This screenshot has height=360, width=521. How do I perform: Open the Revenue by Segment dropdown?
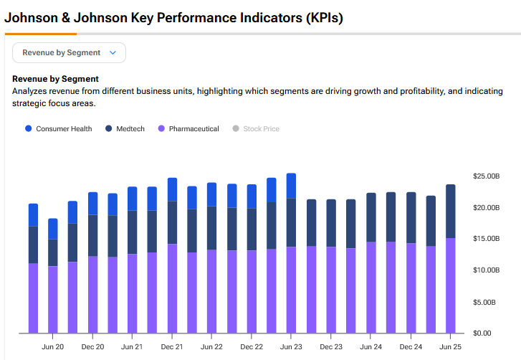69,52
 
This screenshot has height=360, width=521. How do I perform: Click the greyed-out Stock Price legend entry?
255,129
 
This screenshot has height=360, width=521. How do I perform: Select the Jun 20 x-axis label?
53,347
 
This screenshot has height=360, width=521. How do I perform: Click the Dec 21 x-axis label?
172,347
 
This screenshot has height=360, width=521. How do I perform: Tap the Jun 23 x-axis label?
291,347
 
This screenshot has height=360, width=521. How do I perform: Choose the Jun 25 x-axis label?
450,347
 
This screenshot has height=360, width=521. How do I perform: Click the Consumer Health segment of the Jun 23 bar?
291,185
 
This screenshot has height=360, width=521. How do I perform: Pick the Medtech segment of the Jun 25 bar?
450,211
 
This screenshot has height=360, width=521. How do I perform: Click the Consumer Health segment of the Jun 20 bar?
53,229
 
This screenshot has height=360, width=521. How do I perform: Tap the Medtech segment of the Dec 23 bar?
331,222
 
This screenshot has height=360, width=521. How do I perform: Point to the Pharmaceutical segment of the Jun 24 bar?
371,287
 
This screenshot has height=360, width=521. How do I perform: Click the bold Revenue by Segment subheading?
56,79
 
